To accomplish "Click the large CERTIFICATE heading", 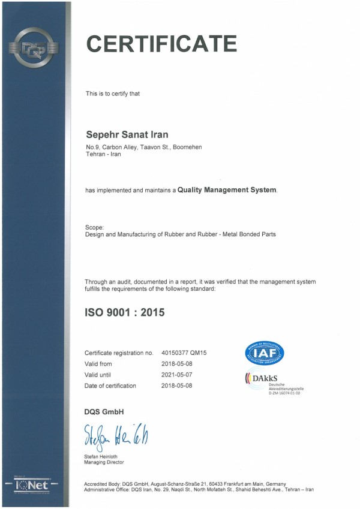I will tap(161, 44).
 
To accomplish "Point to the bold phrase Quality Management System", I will tap(227, 190).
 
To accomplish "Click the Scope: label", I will tap(95, 227).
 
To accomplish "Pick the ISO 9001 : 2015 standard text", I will tap(124, 312).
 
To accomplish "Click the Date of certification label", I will tap(110, 385).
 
